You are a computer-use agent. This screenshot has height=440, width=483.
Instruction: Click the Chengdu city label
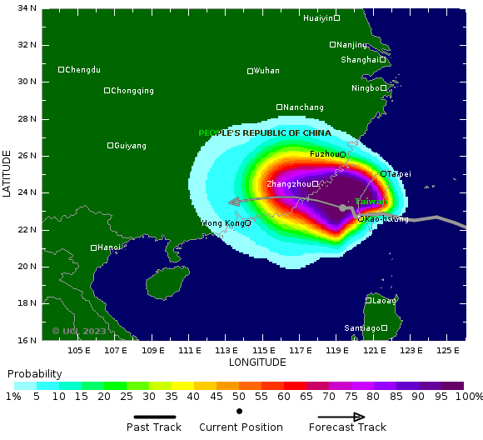tap(82, 70)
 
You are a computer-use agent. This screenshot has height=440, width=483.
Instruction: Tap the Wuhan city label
tap(266, 71)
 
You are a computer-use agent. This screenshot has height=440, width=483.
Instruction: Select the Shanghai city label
tap(360, 60)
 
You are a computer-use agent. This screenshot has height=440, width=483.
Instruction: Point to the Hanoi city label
tap(109, 247)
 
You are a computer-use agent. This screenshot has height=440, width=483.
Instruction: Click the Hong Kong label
tap(223, 223)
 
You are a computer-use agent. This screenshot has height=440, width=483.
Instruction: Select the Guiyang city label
tap(130, 146)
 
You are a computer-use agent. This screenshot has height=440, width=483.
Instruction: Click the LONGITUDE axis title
tap(257, 362)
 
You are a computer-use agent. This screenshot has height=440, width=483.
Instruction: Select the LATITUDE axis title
tap(7, 173)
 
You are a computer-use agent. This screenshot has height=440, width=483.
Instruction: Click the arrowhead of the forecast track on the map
tap(233, 201)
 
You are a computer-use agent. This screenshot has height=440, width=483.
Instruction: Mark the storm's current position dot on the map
tap(342, 207)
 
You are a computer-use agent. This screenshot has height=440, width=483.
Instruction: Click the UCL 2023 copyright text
tap(79, 331)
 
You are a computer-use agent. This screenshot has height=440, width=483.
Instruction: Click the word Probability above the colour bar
tap(34, 373)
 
